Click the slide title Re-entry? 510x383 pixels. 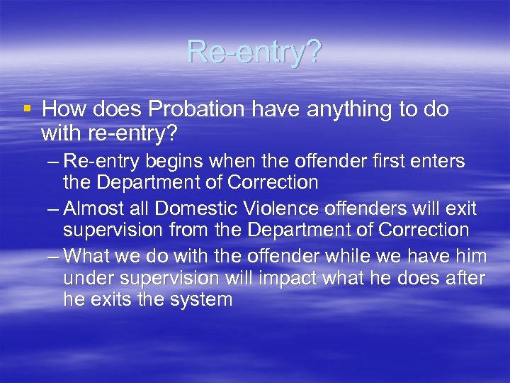(254, 51)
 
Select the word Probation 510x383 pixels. (183, 109)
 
